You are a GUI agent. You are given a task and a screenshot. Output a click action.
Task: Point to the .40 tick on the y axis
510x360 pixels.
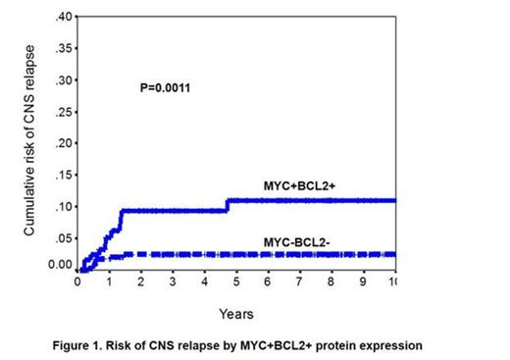coord(63,18)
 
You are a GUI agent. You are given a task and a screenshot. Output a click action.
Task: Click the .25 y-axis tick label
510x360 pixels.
coord(63,112)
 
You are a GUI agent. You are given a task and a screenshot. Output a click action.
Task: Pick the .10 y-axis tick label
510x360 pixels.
coord(63,206)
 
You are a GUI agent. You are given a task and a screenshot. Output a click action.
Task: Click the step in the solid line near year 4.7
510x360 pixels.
coord(227,205)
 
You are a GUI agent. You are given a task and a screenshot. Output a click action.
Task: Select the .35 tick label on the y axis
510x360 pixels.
coord(63,49)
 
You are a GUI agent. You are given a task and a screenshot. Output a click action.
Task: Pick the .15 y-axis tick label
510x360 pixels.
coord(63,175)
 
